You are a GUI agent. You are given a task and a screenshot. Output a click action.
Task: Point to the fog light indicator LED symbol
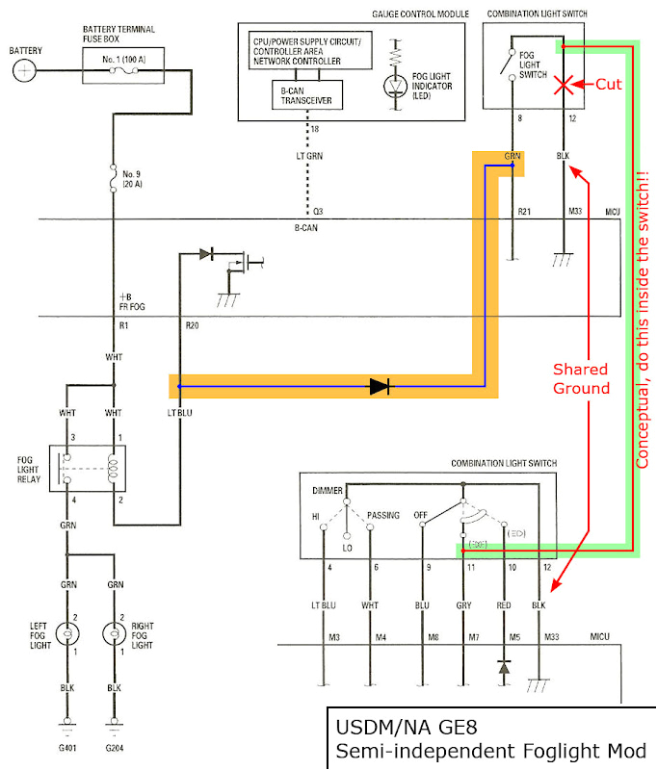pyautogui.click(x=395, y=85)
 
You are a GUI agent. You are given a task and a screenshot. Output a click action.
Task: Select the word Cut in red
pyautogui.click(x=608, y=85)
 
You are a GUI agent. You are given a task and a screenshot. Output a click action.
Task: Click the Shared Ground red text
pyautogui.click(x=580, y=378)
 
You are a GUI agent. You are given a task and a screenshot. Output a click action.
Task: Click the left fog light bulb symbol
pyautogui.click(x=67, y=634)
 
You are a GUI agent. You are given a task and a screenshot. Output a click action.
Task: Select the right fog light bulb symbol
pyautogui.click(x=115, y=634)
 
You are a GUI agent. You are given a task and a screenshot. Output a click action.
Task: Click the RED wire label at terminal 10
pyautogui.click(x=504, y=605)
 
